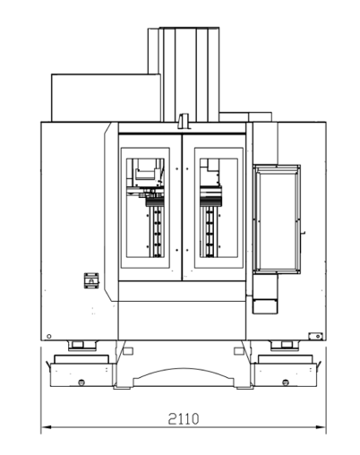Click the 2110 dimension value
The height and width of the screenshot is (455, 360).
click(184, 418)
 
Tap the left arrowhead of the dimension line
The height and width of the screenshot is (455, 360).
click(46, 427)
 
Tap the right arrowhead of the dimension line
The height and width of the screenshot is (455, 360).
click(321, 427)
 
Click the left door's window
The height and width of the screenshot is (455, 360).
click(145, 208)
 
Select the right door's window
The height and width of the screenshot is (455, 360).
click(219, 208)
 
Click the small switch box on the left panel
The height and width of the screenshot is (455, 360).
click(91, 280)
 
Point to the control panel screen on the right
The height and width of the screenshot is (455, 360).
click(277, 219)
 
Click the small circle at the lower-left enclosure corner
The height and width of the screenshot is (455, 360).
click(49, 336)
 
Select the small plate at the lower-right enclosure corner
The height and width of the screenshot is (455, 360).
click(315, 336)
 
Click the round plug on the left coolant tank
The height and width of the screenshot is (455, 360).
click(81, 382)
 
